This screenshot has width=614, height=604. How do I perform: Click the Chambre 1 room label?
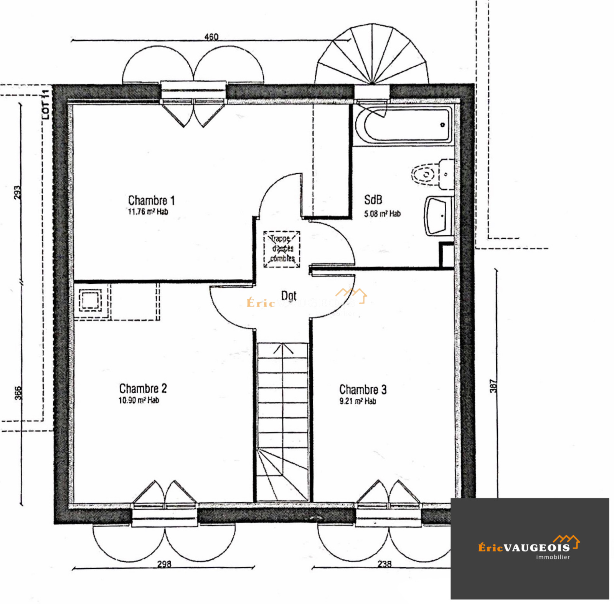(x=151, y=200)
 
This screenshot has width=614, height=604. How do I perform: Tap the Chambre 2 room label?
(x=143, y=389)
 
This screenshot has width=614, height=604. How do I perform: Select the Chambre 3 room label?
(x=363, y=390)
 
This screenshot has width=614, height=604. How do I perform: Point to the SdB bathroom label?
(x=373, y=200)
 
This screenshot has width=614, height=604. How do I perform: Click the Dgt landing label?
(x=289, y=296)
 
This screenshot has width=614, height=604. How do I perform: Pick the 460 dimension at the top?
(x=211, y=37)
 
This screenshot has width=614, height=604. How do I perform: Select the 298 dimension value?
(x=164, y=564)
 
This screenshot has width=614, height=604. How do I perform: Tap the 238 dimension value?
(x=384, y=564)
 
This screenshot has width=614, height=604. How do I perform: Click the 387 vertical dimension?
(x=494, y=386)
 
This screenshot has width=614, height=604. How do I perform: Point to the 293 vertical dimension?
(x=17, y=192)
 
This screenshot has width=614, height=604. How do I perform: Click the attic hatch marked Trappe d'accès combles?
(x=282, y=249)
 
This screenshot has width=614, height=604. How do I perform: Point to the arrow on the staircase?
(x=283, y=349)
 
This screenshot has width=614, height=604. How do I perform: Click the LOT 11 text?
(x=46, y=104)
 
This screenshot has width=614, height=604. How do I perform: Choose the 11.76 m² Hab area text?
(x=148, y=212)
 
